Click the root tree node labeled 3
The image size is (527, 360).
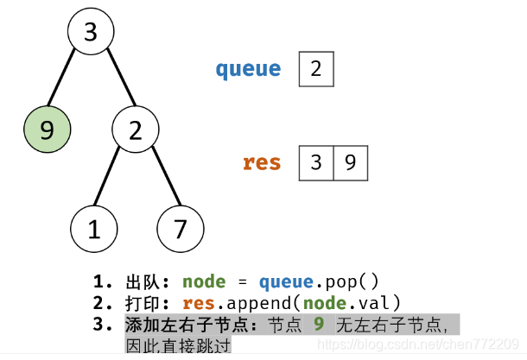92,33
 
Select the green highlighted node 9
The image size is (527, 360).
48,130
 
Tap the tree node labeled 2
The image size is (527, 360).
136,130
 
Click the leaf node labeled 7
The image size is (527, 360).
181,229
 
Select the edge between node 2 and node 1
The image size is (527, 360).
114,180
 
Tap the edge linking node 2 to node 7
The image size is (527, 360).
158,180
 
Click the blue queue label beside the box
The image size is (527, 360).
248,69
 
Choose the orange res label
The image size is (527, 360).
262,162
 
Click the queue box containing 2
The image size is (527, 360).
316,69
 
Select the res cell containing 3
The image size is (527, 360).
316,163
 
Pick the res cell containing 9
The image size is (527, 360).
350,163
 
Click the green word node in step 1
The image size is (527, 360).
205,281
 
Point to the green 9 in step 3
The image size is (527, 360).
319,325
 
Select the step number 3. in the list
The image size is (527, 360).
105,325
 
